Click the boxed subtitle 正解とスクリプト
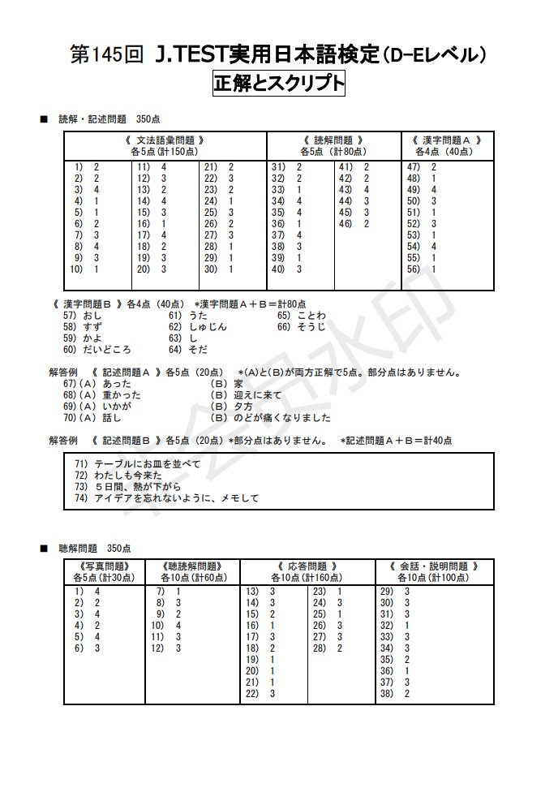click(278, 84)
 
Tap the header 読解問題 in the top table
click(333, 140)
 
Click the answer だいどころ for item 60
click(107, 350)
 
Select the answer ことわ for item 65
click(311, 316)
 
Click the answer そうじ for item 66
click(311, 327)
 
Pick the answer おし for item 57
click(92, 316)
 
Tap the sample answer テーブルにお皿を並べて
click(147, 463)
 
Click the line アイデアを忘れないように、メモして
click(177, 498)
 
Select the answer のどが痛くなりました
click(282, 418)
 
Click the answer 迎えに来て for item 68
click(258, 395)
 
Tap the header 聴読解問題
click(192, 566)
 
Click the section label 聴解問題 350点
click(95, 549)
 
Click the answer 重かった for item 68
click(122, 395)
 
